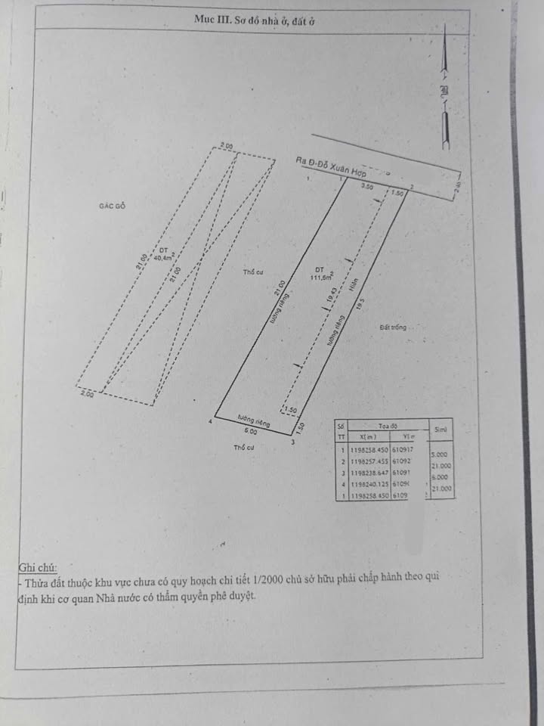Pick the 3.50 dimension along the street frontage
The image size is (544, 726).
(x=367, y=185)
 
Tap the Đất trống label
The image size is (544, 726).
(x=394, y=327)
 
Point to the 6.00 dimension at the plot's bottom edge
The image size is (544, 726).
(x=251, y=432)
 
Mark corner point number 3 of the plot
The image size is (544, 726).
(x=292, y=442)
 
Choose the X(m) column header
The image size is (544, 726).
(x=368, y=437)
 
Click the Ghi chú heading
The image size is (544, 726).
(x=37, y=566)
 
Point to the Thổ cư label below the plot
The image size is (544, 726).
(x=243, y=448)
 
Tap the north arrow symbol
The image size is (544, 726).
(x=446, y=91)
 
